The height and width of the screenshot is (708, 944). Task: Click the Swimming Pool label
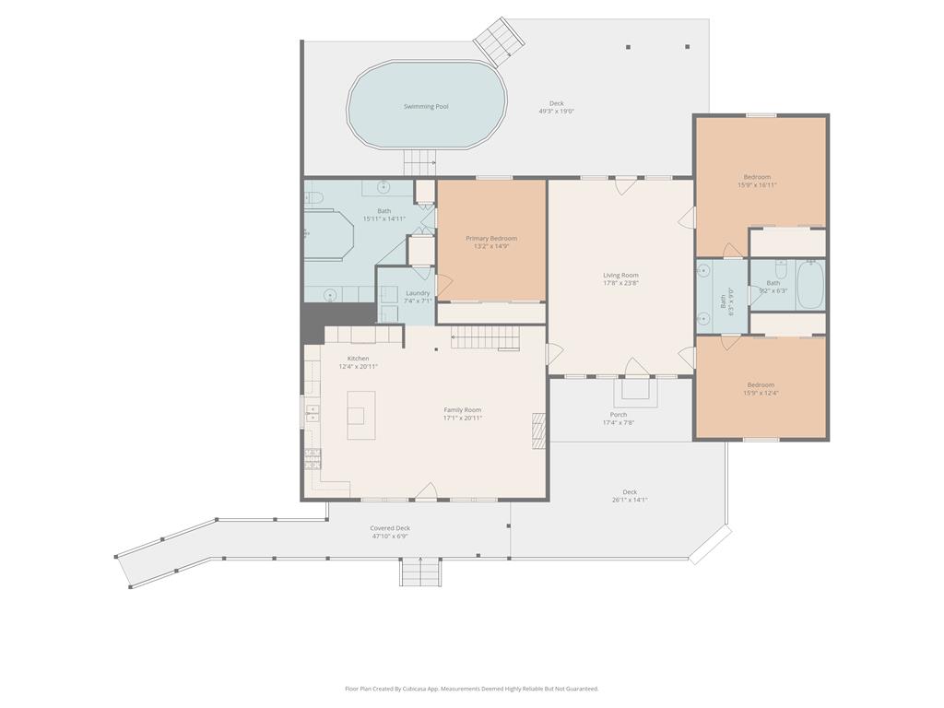pyautogui.click(x=426, y=107)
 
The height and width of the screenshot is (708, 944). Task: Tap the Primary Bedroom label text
pyautogui.click(x=490, y=239)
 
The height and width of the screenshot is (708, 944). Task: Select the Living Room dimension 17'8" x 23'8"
pyautogui.click(x=620, y=283)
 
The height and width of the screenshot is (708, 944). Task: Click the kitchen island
pyautogui.click(x=361, y=415)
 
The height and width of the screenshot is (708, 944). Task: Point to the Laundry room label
pyautogui.click(x=418, y=293)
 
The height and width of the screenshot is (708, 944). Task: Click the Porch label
pyautogui.click(x=619, y=415)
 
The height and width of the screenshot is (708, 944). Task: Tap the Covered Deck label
pyautogui.click(x=390, y=528)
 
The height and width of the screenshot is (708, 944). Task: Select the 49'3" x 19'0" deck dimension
pyautogui.click(x=557, y=112)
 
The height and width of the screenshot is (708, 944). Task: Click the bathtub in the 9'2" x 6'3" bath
pyautogui.click(x=810, y=286)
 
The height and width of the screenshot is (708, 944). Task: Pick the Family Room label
pyautogui.click(x=462, y=410)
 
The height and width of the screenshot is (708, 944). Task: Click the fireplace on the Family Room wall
pyautogui.click(x=539, y=431)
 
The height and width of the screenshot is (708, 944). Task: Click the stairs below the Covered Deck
pyautogui.click(x=420, y=572)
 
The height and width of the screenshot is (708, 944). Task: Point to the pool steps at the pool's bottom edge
pyautogui.click(x=419, y=162)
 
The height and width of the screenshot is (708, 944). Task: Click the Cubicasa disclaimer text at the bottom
pyautogui.click(x=472, y=689)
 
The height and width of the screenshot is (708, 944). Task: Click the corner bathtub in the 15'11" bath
pyautogui.click(x=330, y=233)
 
